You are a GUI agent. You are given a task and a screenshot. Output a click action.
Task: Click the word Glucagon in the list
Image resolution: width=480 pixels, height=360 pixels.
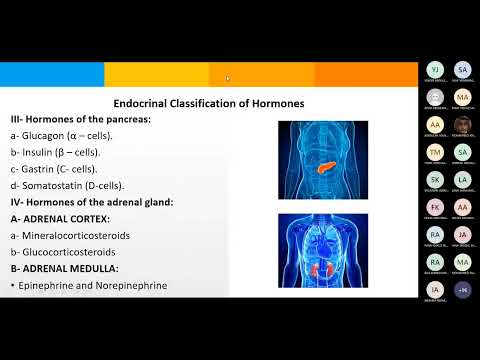point(47,134)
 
